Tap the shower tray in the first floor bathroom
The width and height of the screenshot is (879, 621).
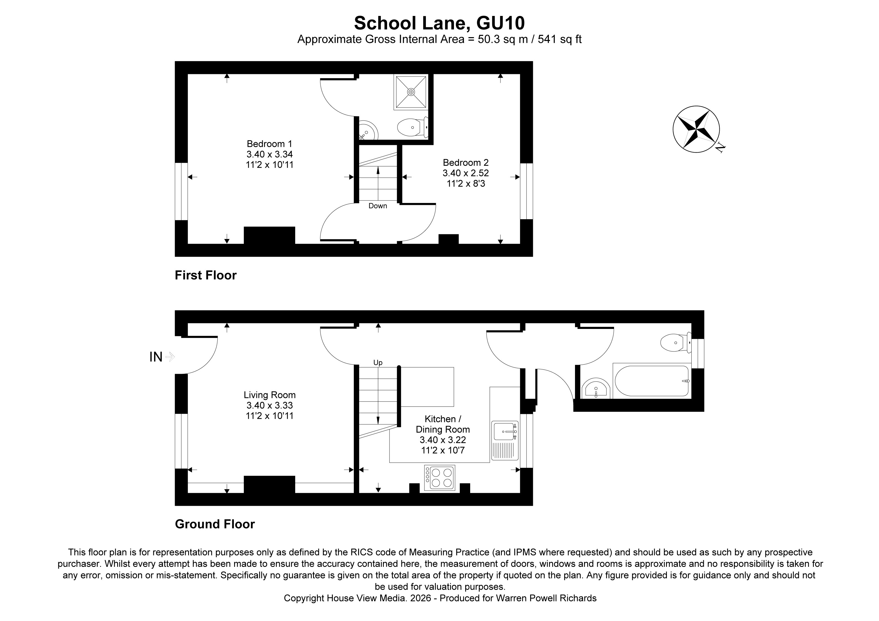[x=411, y=92]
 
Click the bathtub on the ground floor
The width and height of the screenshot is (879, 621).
[x=651, y=381]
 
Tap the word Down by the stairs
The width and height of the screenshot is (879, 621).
[x=377, y=206]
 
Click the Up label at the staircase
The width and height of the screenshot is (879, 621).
[x=377, y=363]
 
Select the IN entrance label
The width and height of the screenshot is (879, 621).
[x=156, y=357]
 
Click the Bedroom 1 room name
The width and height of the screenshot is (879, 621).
[x=269, y=144]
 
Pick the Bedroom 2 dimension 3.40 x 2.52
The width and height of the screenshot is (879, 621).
[x=465, y=173]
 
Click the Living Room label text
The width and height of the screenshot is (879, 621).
[x=270, y=395]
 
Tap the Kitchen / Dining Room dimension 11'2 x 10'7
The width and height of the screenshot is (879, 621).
[x=443, y=450]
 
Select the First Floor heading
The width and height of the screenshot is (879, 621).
[x=206, y=275]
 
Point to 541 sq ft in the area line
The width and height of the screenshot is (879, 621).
[x=559, y=39]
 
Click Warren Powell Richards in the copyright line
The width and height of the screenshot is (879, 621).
[x=546, y=598]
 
